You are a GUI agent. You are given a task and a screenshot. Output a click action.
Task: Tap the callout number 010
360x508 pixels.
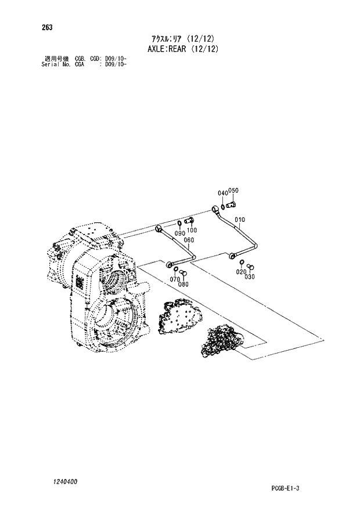240,219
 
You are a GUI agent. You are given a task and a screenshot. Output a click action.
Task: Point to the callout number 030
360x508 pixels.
250,276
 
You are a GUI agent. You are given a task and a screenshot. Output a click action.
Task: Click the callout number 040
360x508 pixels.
222,193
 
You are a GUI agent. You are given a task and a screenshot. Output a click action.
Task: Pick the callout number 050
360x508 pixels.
233,190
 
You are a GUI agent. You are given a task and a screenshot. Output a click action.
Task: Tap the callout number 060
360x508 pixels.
189,240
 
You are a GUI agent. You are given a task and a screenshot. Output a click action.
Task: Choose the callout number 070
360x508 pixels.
175,279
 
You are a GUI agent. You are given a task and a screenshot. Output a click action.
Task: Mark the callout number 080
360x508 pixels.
183,284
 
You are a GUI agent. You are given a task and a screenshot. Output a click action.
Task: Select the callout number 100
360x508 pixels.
192,230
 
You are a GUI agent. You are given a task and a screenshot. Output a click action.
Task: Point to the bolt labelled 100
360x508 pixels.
190,221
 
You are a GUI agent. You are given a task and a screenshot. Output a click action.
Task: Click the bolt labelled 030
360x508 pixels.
251,266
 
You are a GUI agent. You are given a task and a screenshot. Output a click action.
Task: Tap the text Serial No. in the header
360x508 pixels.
56,64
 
